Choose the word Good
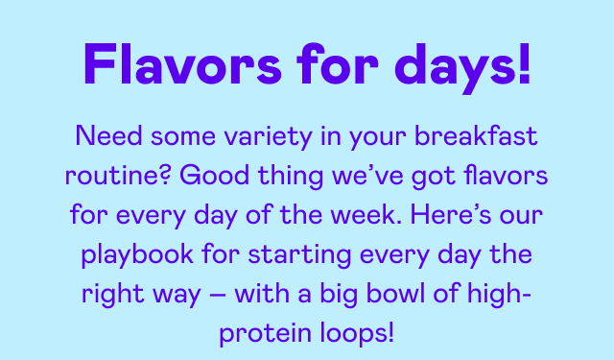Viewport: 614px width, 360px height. point(185,178)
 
